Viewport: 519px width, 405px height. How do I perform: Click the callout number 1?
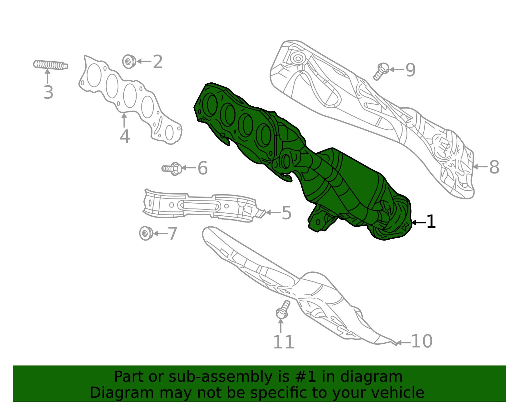(x=431, y=222)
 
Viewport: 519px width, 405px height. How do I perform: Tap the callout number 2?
(x=158, y=62)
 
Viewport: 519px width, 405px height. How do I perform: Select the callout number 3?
(x=48, y=92)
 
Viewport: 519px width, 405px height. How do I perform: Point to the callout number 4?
(x=125, y=136)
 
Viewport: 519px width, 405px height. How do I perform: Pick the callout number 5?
(x=286, y=213)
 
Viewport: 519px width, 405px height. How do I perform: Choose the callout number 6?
(x=202, y=168)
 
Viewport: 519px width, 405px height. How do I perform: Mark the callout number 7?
(x=172, y=234)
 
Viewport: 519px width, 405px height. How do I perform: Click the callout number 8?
(x=494, y=167)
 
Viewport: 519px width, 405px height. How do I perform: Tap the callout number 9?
(x=410, y=70)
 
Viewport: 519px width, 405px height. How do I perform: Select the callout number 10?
(x=422, y=341)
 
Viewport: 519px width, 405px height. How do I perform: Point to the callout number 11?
(x=284, y=342)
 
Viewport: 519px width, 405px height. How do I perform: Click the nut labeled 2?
(x=129, y=61)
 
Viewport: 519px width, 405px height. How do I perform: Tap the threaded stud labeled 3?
(x=50, y=65)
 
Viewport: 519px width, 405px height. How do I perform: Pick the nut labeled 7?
(x=146, y=233)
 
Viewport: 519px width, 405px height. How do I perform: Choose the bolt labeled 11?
(x=282, y=310)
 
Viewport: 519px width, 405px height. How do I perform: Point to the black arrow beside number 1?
(x=418, y=222)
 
